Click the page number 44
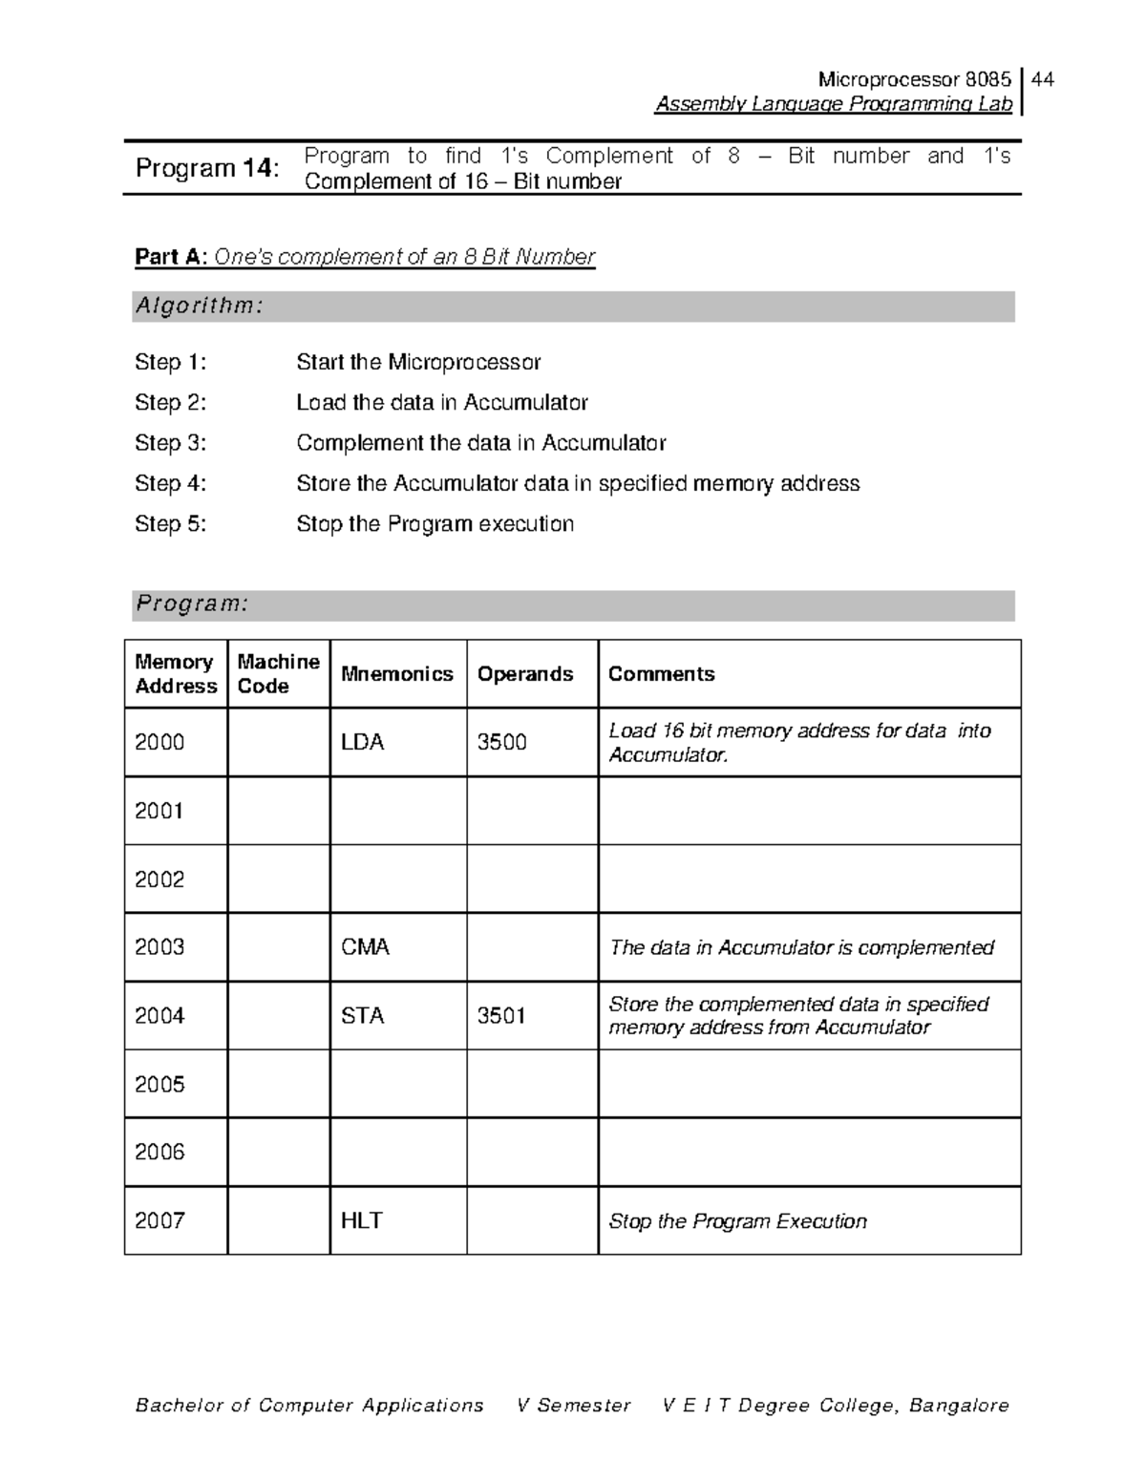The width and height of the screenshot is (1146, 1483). (x=1043, y=79)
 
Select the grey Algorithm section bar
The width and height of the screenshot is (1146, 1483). (x=573, y=307)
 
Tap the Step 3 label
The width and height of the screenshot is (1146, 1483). (x=170, y=443)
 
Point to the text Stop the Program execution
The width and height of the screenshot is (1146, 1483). (x=435, y=524)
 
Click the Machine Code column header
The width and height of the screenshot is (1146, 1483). (x=278, y=673)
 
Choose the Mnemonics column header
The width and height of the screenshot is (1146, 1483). (x=397, y=674)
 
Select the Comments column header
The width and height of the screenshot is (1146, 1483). (x=661, y=674)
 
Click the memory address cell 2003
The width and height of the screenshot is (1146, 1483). (x=159, y=947)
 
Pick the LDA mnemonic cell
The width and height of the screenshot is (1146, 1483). (x=363, y=742)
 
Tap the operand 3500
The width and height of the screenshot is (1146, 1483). (x=501, y=742)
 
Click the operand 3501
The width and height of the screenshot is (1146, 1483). (x=501, y=1016)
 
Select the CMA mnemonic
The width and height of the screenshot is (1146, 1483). (x=365, y=947)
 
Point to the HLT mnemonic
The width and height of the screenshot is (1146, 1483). (x=362, y=1220)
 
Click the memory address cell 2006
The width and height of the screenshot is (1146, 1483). (x=159, y=1153)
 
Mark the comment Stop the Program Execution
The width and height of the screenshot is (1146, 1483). (x=737, y=1221)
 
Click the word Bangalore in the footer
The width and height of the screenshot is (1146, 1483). (x=959, y=1406)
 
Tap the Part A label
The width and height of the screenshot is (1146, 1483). (x=170, y=257)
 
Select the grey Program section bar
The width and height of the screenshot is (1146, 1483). (x=573, y=605)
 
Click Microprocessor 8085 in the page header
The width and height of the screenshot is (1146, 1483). (x=914, y=79)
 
